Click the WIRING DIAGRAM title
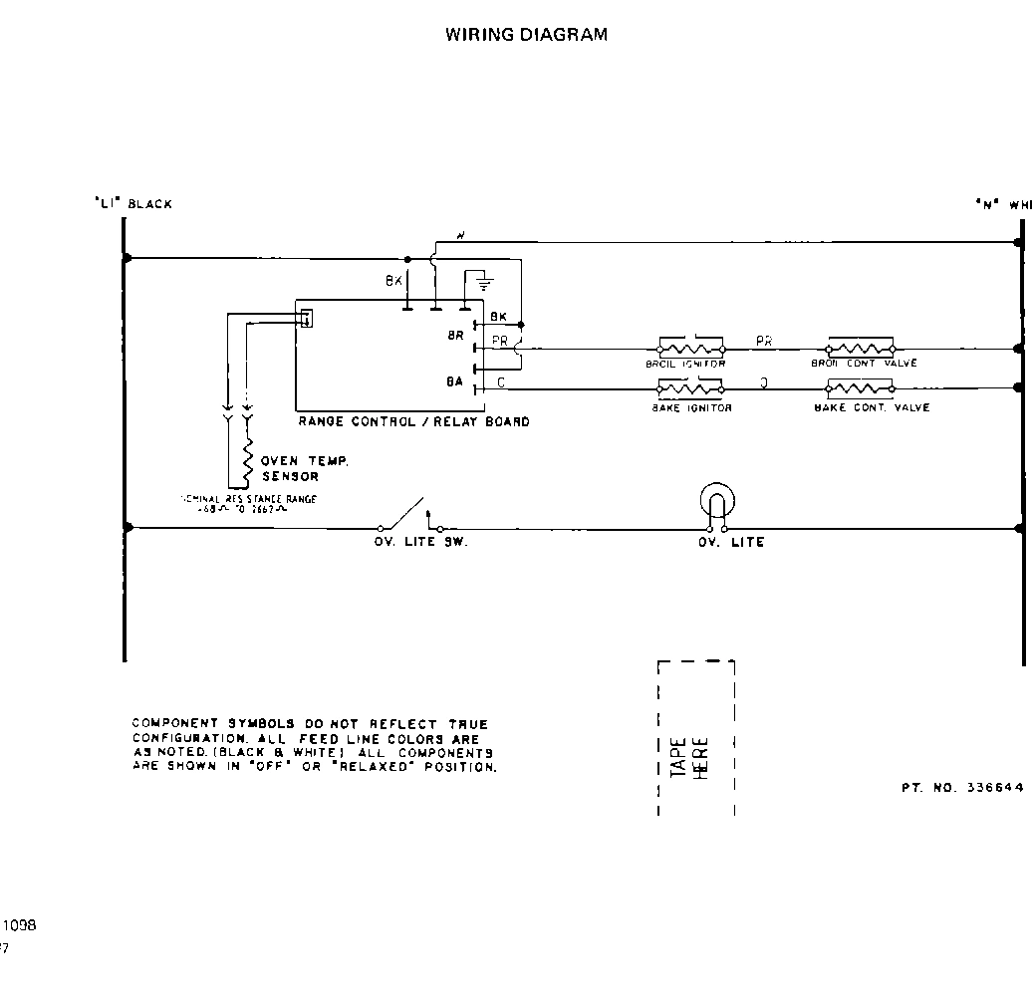pos(526,34)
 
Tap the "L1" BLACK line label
pos(132,204)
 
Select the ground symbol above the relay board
pos(483,280)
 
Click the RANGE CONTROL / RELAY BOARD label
pos(413,422)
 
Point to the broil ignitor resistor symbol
pos(690,350)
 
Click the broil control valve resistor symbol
pos(861,350)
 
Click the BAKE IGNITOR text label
pos(691,408)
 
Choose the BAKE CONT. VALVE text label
pos(872,408)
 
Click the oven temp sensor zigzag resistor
pos(247,459)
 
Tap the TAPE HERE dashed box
pos(696,737)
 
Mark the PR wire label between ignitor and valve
pos(764,341)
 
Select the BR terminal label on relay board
pos(455,337)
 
